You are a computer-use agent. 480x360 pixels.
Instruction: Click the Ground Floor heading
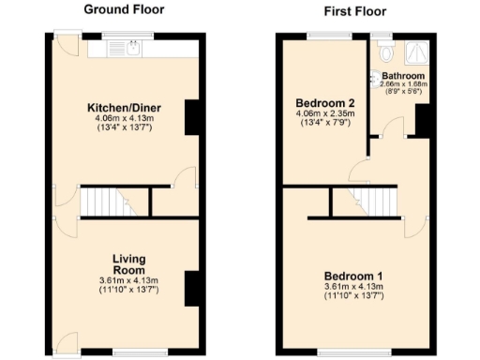tap(124, 10)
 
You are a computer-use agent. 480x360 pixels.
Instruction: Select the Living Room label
tap(128, 263)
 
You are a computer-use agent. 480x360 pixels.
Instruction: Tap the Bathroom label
tap(404, 76)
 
